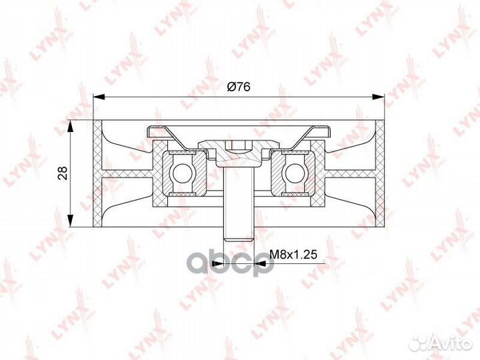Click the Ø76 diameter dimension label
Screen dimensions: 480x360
pyautogui.click(x=239, y=87)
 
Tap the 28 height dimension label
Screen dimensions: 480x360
pyautogui.click(x=63, y=173)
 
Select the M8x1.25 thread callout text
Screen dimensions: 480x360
pyautogui.click(x=293, y=255)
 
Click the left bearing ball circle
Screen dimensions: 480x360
pyautogui.click(x=183, y=173)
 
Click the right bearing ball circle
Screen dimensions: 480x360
pyautogui.click(x=295, y=173)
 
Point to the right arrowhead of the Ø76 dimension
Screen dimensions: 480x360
pyautogui.click(x=379, y=97)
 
